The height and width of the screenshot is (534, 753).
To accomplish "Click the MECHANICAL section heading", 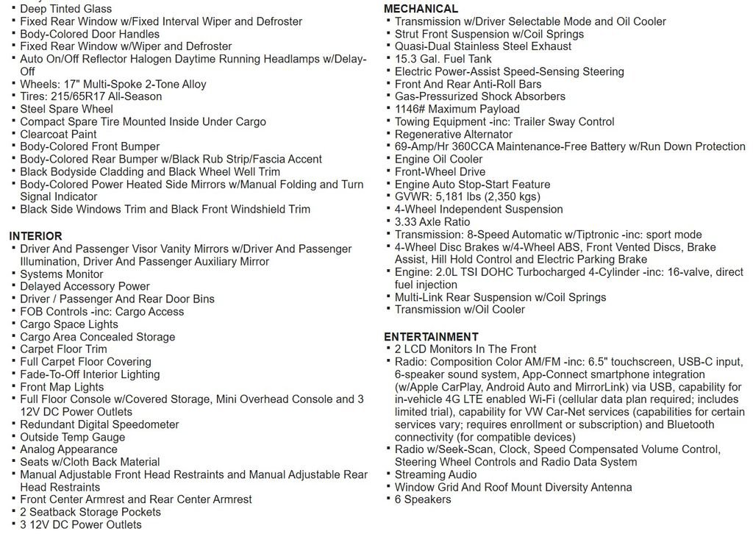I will [421, 9].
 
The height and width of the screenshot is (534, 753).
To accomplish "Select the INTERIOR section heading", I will [35, 236].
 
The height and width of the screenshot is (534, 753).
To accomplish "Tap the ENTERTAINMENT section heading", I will [431, 337].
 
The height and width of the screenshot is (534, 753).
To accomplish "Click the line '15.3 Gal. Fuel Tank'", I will [443, 59].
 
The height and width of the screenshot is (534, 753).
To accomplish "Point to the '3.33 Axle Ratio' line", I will [432, 221].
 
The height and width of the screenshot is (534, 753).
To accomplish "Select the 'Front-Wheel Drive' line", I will [440, 171].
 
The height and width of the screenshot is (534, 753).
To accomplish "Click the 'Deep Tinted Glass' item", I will [65, 9].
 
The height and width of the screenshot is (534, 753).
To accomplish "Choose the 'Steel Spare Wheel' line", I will [66, 109].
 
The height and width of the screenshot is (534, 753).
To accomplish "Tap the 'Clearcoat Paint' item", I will [58, 134].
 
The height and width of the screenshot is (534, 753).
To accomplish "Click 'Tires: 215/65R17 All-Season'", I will [92, 96].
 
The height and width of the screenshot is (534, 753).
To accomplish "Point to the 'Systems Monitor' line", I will [62, 274].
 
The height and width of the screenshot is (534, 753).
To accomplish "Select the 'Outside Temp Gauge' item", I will [72, 437].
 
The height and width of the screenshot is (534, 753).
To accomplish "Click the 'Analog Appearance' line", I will [68, 449].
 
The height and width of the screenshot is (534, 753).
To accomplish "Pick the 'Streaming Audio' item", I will [435, 474].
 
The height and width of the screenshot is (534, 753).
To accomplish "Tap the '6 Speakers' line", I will [423, 499].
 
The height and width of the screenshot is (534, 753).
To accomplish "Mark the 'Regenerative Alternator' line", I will [453, 134].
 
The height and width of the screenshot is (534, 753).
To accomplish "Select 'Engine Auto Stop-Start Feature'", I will [472, 184].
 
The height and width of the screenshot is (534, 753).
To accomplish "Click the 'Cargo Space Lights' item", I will [68, 324].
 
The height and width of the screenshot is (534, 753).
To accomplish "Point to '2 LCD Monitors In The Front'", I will [465, 349].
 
